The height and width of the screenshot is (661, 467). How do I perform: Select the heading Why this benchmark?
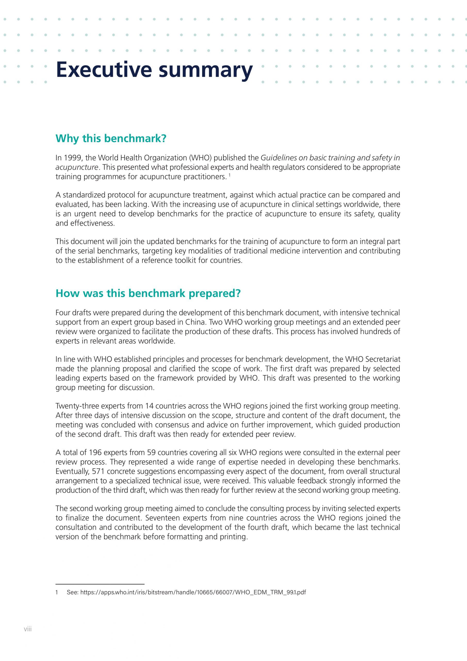click(x=111, y=138)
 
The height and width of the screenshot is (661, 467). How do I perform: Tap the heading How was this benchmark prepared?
click(x=148, y=293)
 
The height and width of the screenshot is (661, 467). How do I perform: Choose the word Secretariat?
click(x=382, y=359)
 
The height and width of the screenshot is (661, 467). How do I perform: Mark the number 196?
click(x=95, y=453)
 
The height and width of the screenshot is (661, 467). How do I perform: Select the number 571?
click(x=99, y=471)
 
